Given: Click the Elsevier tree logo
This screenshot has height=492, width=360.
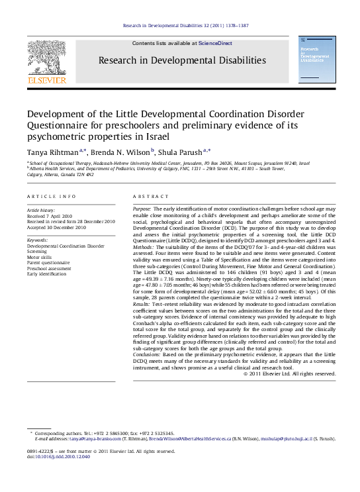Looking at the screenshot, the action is pos(46,58).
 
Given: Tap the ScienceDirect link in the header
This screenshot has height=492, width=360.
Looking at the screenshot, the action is pos(216,43).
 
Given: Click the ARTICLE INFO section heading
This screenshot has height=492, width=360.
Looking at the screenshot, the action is pos(52,197).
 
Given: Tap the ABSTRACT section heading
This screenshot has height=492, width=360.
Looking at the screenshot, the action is pos(148,197).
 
